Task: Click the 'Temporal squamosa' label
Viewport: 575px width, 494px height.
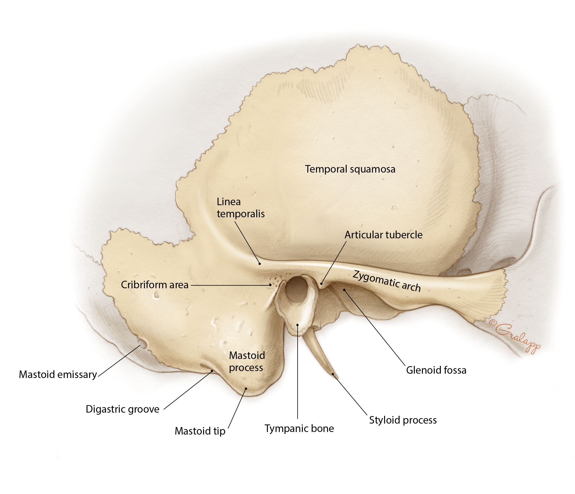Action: click(x=350, y=169)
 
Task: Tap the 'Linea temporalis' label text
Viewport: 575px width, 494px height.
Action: click(x=240, y=208)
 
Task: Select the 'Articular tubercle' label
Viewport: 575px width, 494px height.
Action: click(x=383, y=235)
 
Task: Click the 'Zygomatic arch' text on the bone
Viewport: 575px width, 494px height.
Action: click(x=387, y=281)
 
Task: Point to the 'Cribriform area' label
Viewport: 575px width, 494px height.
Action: click(x=154, y=285)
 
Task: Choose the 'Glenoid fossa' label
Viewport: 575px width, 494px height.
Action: click(x=436, y=370)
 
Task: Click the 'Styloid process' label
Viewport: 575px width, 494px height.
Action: click(x=403, y=420)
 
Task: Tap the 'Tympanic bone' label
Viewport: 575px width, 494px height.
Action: click(x=299, y=428)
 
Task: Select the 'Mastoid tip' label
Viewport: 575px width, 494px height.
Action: click(x=200, y=431)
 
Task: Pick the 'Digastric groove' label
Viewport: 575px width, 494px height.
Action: click(x=122, y=409)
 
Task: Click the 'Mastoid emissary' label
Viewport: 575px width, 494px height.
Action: click(x=58, y=375)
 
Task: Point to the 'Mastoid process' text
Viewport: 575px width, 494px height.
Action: click(x=247, y=361)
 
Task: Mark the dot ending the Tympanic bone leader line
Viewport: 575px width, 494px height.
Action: click(x=297, y=325)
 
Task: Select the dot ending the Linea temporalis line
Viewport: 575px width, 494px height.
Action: click(x=260, y=263)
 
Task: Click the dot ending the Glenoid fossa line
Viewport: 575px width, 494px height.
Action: click(x=344, y=290)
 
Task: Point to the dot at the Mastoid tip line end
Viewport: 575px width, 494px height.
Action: click(x=246, y=388)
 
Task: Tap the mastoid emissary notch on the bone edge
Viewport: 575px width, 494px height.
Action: click(x=142, y=344)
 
